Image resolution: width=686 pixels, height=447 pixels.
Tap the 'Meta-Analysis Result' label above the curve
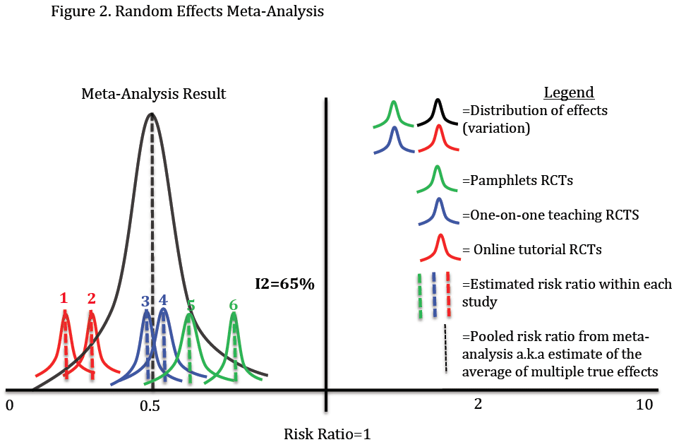154,94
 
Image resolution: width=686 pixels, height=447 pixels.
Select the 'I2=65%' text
285,285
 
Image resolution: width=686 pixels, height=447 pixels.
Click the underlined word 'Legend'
569,93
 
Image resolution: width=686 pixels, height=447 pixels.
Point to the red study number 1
64,298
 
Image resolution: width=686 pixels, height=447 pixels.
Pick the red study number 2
91,298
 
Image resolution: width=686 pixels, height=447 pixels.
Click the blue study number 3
145,301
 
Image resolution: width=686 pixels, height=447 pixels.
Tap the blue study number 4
163,299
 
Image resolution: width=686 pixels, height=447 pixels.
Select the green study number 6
233,305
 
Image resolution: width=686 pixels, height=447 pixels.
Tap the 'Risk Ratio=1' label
327,434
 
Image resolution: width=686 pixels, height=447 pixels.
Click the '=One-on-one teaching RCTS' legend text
550,215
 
